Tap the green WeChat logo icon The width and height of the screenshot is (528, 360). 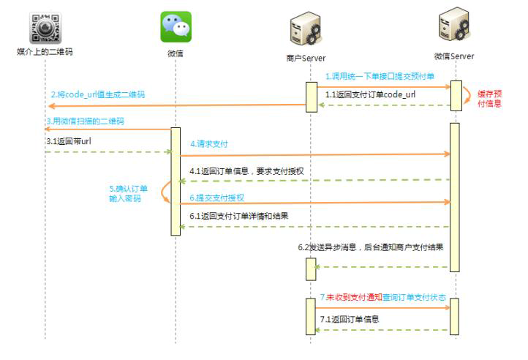pyautogui.click(x=176, y=26)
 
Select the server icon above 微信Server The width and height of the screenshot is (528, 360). pyautogui.click(x=453, y=26)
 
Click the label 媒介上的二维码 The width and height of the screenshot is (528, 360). pyautogui.click(x=45, y=52)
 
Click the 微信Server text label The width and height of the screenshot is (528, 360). pyautogui.click(x=453, y=56)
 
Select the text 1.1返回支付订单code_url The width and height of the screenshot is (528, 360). pyautogui.click(x=370, y=94)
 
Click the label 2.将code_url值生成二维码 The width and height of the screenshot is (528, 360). pyautogui.click(x=97, y=95)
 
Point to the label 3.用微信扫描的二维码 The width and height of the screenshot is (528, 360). pyautogui.click(x=84, y=120)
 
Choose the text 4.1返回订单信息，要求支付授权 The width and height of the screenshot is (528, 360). pyautogui.click(x=246, y=171)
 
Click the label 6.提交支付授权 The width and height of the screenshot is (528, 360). pyautogui.click(x=216, y=198)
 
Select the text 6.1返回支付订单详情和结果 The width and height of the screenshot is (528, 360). pyautogui.click(x=239, y=217)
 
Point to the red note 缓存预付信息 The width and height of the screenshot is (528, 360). pyautogui.click(x=489, y=98)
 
